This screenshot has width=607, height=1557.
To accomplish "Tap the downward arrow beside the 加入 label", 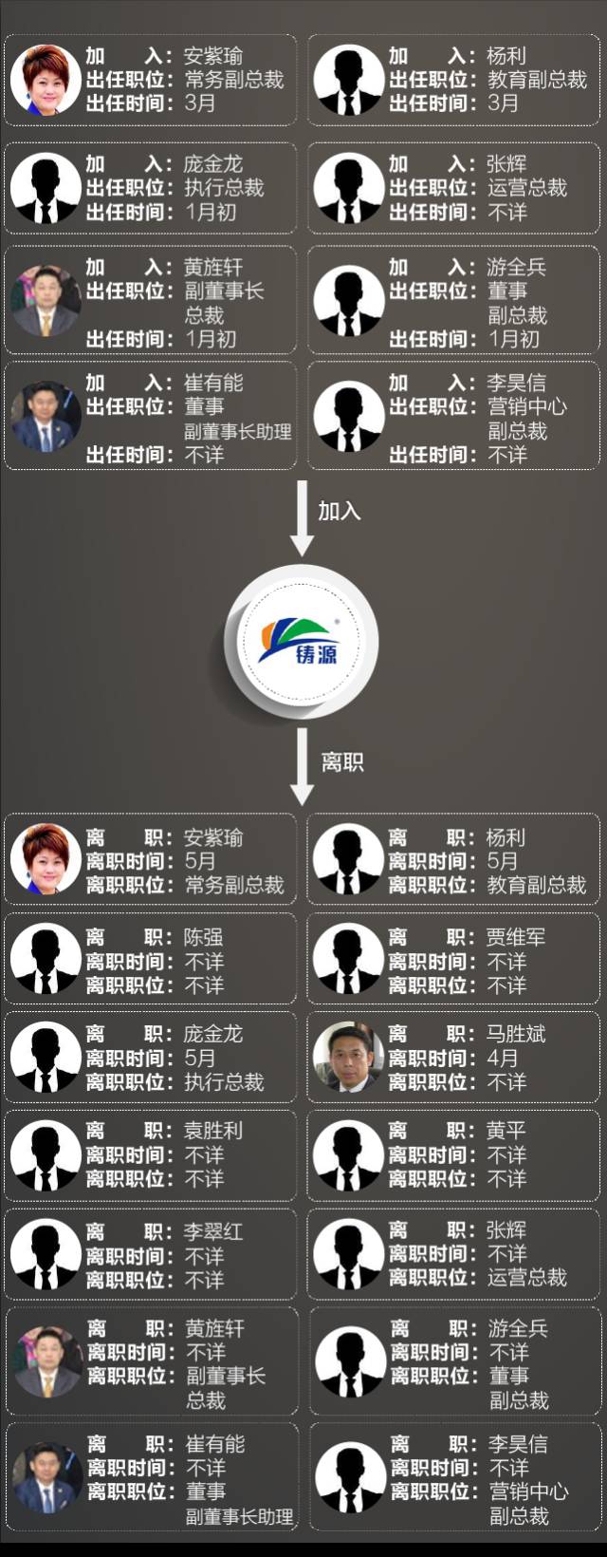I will pos(302,517).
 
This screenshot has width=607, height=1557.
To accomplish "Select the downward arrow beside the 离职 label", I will pos(302,766).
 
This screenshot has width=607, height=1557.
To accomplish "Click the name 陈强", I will pos(203,937).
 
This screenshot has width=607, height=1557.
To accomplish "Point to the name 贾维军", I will pos(516,937).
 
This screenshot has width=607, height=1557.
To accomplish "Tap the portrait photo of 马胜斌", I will pos(348,1057).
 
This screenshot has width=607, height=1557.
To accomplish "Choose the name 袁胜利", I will pos(212,1131).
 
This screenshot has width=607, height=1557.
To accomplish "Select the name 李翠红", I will pos(212,1231).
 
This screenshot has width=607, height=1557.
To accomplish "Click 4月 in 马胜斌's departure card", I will pos(503,1058).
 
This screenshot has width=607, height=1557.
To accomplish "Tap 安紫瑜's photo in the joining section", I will pos(46,80).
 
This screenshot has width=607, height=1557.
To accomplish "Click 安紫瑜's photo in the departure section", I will pos(46,860).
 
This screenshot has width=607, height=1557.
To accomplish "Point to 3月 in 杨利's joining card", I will pos(503,103).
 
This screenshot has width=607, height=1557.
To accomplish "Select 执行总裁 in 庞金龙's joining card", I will pos(224,187).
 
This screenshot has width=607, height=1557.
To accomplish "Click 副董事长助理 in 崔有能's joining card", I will pos(237,431).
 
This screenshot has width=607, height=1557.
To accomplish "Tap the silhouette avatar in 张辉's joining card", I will pos(348,188).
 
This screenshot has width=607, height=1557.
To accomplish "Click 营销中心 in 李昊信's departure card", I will pos(528,1491).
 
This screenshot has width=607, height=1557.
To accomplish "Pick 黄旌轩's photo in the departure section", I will pos(46,1361).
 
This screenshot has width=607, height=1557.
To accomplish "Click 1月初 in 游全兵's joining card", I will pos(513,338).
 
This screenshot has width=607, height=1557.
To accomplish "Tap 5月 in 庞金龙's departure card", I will pos(200,1058).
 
